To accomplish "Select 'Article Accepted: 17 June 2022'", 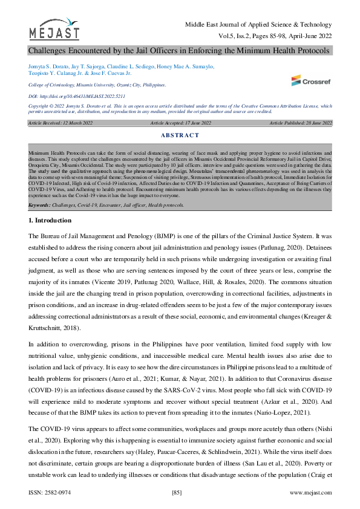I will click(x=180, y=123).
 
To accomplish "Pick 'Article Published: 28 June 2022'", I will click(x=301, y=123).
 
